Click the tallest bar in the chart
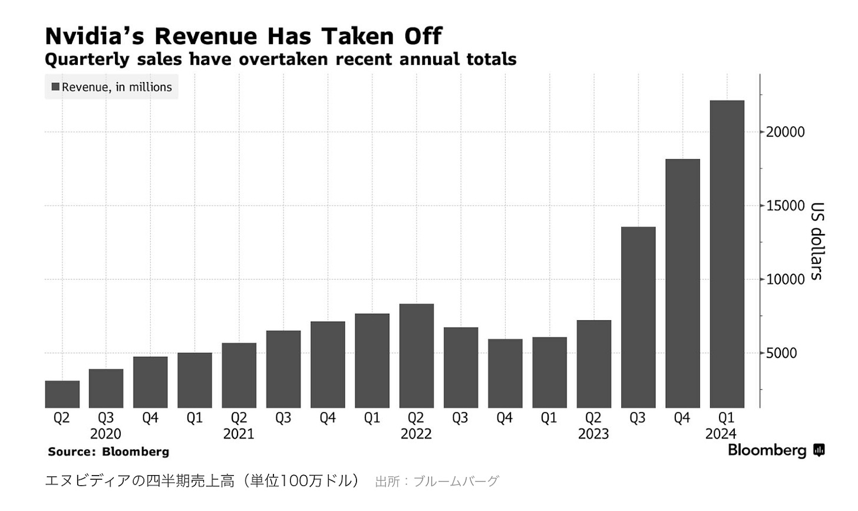click(x=727, y=254)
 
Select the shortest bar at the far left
click(x=62, y=394)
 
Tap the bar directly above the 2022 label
click(x=416, y=356)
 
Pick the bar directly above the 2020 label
click(x=106, y=388)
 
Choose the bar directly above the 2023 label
click(x=593, y=364)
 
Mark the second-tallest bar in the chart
click(x=682, y=283)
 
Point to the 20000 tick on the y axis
click(x=785, y=132)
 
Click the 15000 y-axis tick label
click(x=785, y=206)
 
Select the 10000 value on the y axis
click(x=785, y=279)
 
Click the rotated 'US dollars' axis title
click(x=817, y=240)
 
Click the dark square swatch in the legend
click(x=55, y=87)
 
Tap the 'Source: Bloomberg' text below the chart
click(x=108, y=451)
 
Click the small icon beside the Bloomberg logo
click(x=819, y=450)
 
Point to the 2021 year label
click(x=239, y=434)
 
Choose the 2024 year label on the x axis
click(x=721, y=434)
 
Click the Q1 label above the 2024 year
click(x=726, y=418)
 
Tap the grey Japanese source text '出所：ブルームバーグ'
click(x=437, y=482)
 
